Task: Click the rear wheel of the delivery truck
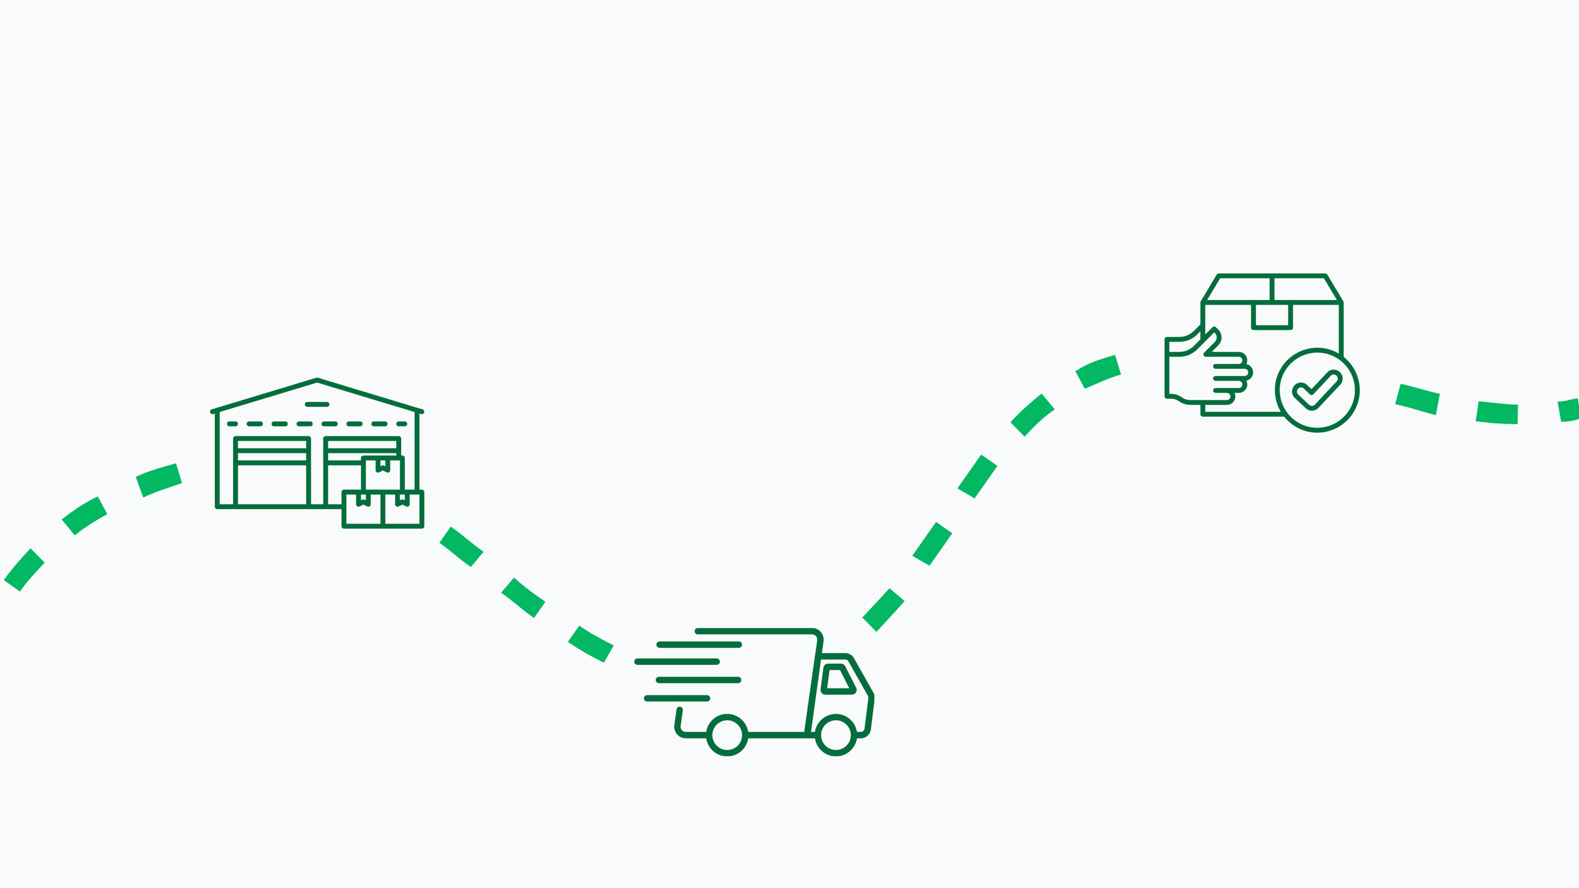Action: pos(727,735)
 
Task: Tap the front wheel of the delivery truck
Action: pos(836,735)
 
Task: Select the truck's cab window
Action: pos(838,680)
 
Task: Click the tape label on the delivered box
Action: pos(1271,315)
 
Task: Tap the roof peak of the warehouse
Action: pos(317,380)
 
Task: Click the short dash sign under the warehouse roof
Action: pos(317,404)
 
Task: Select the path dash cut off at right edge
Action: pos(1569,410)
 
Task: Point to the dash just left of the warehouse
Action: pos(159,480)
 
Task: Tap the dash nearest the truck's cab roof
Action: pos(883,609)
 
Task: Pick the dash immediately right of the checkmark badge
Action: pos(1417,399)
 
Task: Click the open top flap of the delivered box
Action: pos(1271,289)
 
